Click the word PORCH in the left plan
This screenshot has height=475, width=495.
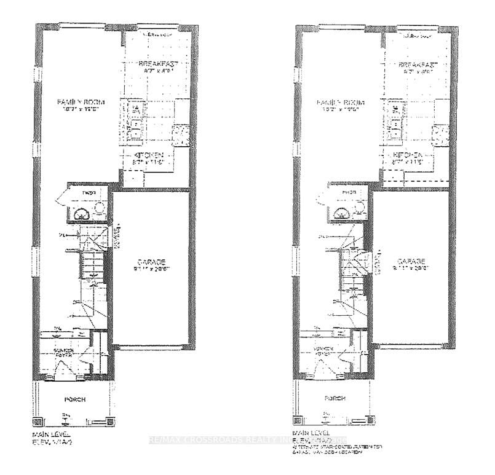(x=75, y=399)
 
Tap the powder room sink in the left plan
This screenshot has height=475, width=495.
(x=80, y=213)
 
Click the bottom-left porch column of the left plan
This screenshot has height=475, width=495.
(x=37, y=423)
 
